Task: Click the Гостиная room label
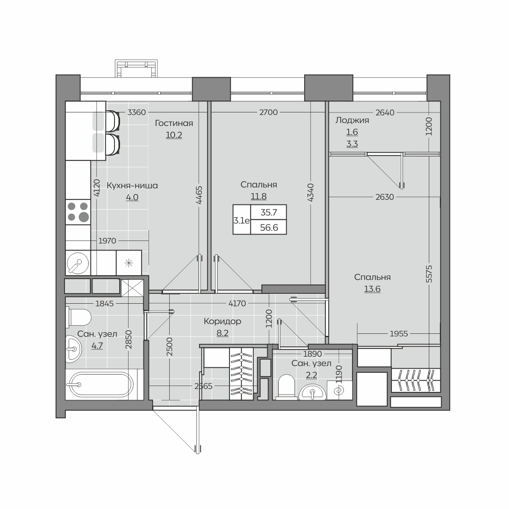click(x=174, y=123)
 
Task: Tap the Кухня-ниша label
click(x=132, y=185)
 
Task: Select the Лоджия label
click(x=352, y=120)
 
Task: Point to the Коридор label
click(x=222, y=321)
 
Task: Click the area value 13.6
click(x=372, y=289)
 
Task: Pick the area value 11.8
click(x=259, y=196)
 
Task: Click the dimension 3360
click(x=137, y=112)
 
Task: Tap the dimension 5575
click(x=429, y=274)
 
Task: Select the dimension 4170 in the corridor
click(x=237, y=304)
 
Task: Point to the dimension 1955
click(x=399, y=334)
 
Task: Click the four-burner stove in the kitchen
click(x=78, y=212)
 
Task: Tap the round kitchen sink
click(x=78, y=263)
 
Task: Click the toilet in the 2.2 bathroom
click(x=287, y=386)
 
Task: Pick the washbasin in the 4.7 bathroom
click(x=73, y=349)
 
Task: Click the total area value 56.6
click(x=269, y=227)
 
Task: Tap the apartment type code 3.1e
click(x=241, y=220)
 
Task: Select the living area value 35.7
click(x=268, y=213)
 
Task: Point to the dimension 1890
click(x=313, y=354)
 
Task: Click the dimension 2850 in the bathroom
click(x=129, y=339)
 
